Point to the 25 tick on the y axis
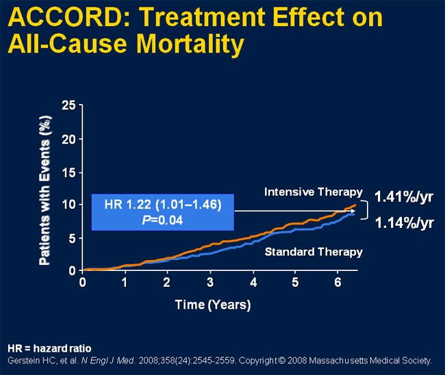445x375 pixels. coord(68,105)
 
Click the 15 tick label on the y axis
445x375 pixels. coord(68,172)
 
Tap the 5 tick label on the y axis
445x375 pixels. coord(72,238)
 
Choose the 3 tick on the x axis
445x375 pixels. coord(210,283)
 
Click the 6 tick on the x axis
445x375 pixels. coord(338,283)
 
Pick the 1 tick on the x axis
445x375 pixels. coord(125,283)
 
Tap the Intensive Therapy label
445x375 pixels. coord(312,192)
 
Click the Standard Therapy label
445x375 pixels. coord(314,252)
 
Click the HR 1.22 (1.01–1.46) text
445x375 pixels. coord(163,204)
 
